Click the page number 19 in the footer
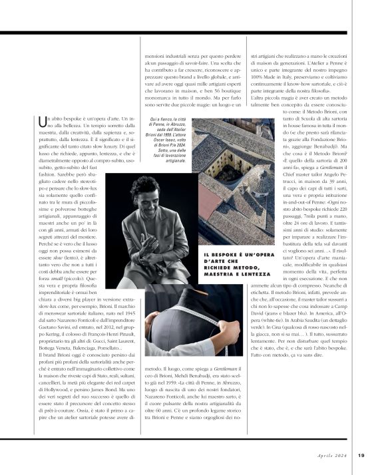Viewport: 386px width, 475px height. pos(360,455)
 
